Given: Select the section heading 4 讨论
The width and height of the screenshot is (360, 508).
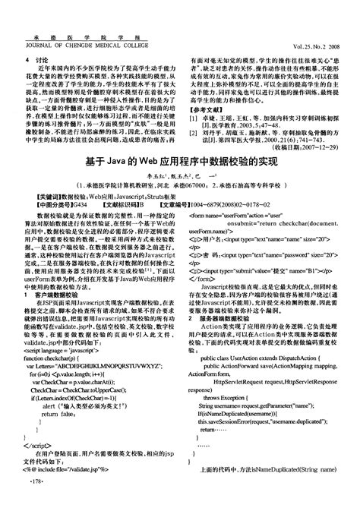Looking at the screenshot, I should coord(36,58).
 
